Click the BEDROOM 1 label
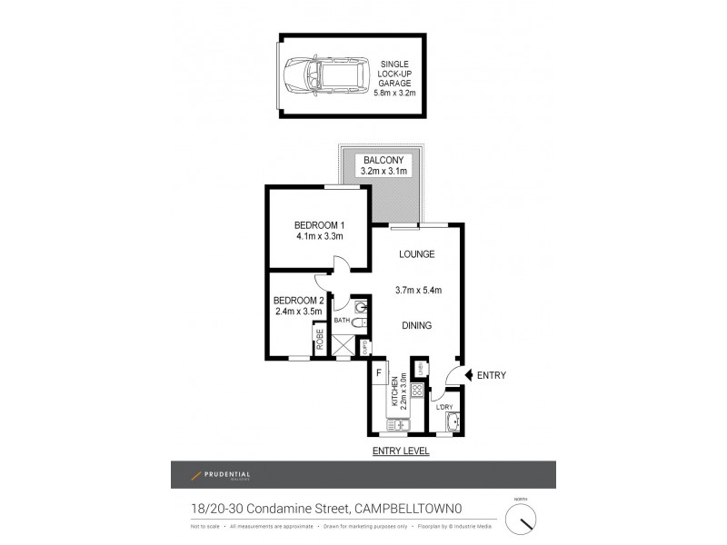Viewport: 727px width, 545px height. click(x=318, y=225)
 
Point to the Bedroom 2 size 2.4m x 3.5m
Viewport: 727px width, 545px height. click(x=299, y=312)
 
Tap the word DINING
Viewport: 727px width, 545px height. click(x=417, y=325)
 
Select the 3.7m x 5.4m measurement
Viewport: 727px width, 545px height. click(x=417, y=291)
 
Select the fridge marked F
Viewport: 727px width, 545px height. click(x=379, y=372)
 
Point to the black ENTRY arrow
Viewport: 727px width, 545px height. click(x=468, y=374)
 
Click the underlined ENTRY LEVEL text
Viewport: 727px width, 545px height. click(x=401, y=451)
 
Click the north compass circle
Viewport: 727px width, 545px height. click(x=521, y=519)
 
